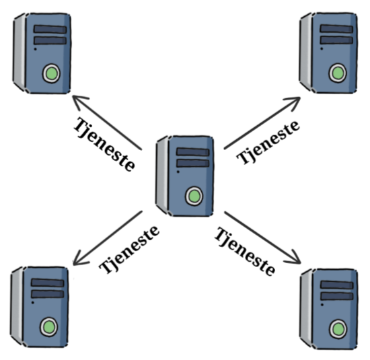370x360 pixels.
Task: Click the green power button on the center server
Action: coord(194,196)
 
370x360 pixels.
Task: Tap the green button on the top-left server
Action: coord(51,73)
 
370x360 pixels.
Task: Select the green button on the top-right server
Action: coord(338,73)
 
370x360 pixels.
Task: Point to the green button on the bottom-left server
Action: coord(49,327)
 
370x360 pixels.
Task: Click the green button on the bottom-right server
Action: coord(338,329)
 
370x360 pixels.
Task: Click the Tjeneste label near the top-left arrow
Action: coord(104,144)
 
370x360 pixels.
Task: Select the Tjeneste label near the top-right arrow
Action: coord(268,143)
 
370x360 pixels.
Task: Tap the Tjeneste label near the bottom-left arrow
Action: coord(129,250)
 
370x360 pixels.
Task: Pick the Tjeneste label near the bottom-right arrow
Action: coord(245,252)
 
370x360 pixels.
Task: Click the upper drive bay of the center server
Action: coord(193,152)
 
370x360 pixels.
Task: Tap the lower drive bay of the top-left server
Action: coord(50,40)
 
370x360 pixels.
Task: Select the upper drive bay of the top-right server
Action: coord(336,29)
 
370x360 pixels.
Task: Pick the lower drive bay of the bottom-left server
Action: coord(48,294)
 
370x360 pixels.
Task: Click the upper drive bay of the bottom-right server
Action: coord(337,285)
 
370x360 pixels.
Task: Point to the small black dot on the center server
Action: coord(178,172)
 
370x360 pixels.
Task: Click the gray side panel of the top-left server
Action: coord(20,52)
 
